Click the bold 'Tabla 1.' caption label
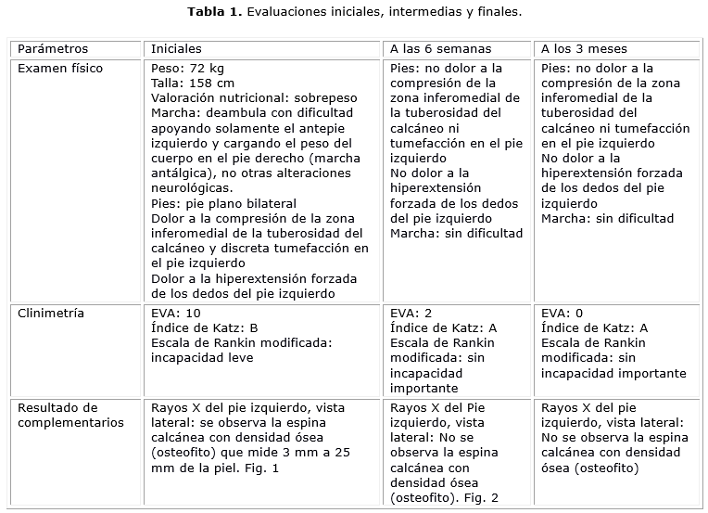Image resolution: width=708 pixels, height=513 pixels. click(x=215, y=13)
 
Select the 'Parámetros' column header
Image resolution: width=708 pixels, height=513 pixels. click(x=54, y=48)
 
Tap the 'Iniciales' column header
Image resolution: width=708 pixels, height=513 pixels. click(x=176, y=48)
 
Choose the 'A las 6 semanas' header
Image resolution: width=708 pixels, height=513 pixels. click(x=440, y=48)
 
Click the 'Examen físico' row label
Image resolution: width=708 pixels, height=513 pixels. click(x=60, y=69)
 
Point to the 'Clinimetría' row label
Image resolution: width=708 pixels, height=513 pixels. click(x=51, y=313)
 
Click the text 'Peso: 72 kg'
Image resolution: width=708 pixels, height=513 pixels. click(x=186, y=69)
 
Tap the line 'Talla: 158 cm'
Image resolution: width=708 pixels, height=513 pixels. click(x=192, y=83)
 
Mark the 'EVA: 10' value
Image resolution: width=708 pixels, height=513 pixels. click(x=175, y=313)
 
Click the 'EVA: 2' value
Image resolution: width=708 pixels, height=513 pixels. click(x=411, y=313)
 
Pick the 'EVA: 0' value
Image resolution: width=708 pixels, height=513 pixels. click(x=562, y=313)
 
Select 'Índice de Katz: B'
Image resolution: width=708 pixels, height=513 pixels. click(x=205, y=327)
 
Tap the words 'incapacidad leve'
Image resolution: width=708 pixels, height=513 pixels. click(x=201, y=357)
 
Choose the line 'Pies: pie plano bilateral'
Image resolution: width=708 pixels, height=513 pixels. click(x=222, y=203)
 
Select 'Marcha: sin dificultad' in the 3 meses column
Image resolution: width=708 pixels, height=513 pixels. click(x=607, y=219)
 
